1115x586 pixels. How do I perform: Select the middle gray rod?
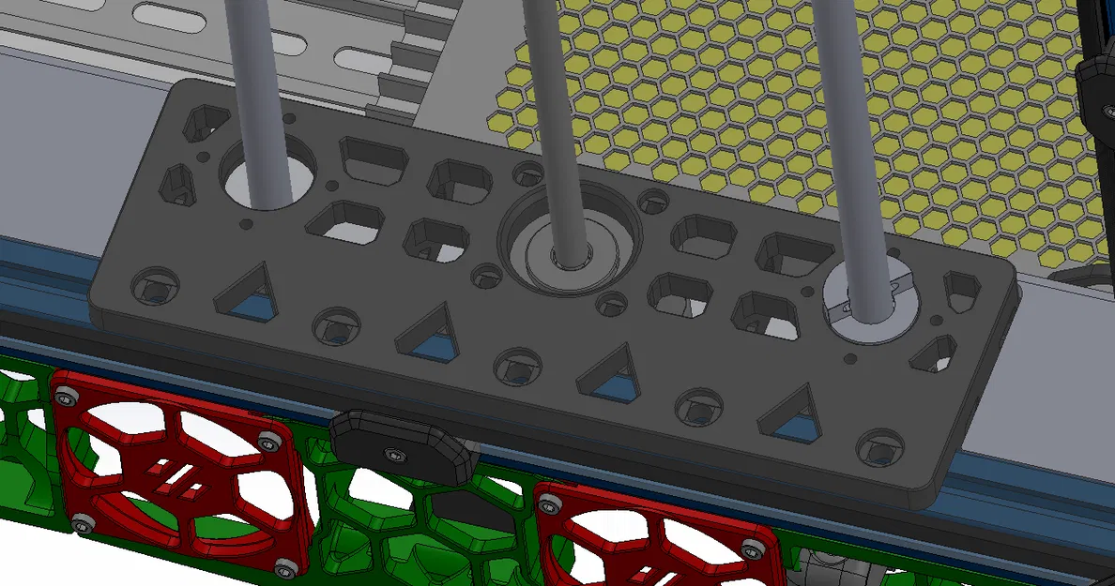pos(554,113)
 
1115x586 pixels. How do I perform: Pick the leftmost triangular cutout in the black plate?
pos(247,291)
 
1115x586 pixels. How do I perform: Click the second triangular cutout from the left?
pos(430,336)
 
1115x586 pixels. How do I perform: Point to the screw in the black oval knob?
pos(393,455)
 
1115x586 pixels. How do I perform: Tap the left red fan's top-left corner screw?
pos(69,393)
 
